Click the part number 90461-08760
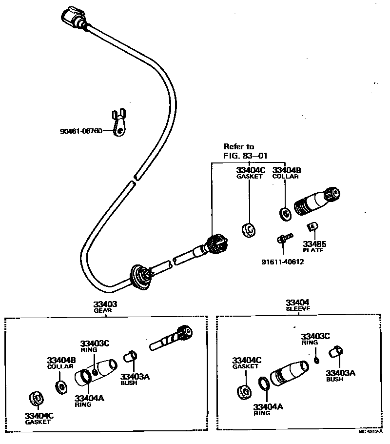click(x=81, y=131)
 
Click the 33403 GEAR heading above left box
click(x=105, y=306)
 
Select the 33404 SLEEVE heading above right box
click(x=297, y=305)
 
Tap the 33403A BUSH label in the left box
click(x=135, y=379)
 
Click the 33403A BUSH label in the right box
click(x=340, y=375)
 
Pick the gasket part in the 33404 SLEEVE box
click(x=243, y=392)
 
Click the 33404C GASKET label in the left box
click(x=39, y=418)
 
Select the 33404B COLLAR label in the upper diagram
click(x=286, y=173)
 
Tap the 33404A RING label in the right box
click(x=268, y=409)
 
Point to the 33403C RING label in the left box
click(x=96, y=345)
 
